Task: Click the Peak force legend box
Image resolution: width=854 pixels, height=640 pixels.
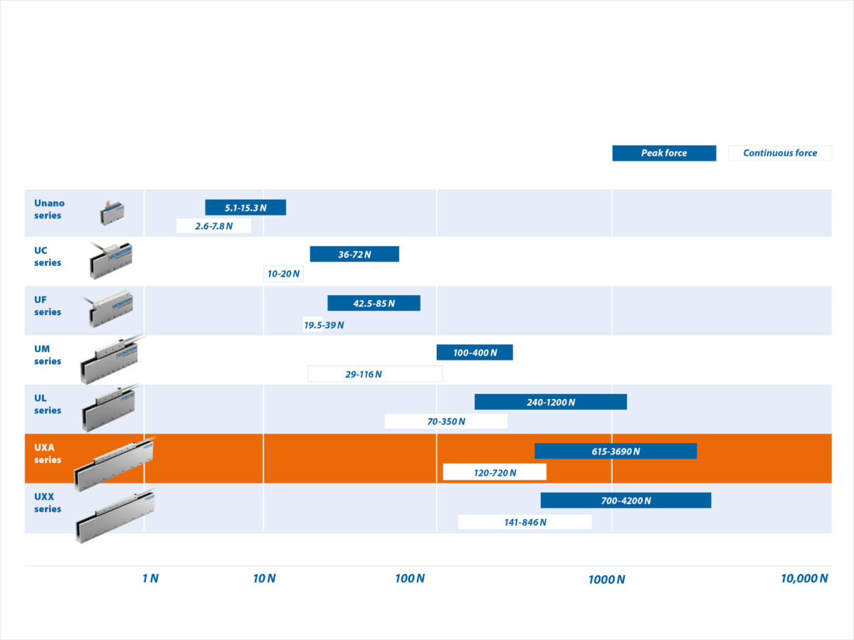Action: (664, 153)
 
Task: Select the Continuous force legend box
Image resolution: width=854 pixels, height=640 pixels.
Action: (780, 153)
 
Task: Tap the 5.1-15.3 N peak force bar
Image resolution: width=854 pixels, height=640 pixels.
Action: (246, 208)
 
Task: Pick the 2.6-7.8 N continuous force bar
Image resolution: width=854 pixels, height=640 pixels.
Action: (213, 226)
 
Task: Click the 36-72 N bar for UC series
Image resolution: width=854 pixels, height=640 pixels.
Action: (354, 254)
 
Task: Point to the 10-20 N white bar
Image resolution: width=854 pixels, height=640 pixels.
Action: (283, 274)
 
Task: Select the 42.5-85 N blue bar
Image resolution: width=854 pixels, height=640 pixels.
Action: (374, 303)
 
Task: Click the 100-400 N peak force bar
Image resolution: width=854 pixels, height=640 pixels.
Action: (475, 352)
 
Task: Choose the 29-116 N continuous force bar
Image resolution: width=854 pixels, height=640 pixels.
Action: (375, 374)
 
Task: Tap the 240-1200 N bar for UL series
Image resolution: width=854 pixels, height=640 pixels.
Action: (551, 402)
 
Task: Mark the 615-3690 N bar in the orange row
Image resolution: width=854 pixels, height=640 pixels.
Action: (616, 451)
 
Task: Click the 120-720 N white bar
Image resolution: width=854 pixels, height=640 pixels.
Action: (495, 472)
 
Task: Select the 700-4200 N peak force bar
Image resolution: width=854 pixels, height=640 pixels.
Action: (626, 500)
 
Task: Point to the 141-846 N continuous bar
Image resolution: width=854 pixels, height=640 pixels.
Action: (524, 522)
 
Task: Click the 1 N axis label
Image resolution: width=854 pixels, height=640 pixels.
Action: (150, 578)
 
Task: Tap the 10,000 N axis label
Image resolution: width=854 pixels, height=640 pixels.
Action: (804, 578)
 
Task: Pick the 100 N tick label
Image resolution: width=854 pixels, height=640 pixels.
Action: (410, 578)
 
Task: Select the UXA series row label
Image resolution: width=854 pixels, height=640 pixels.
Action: (48, 454)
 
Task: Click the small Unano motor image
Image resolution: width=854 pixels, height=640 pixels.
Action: (112, 212)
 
